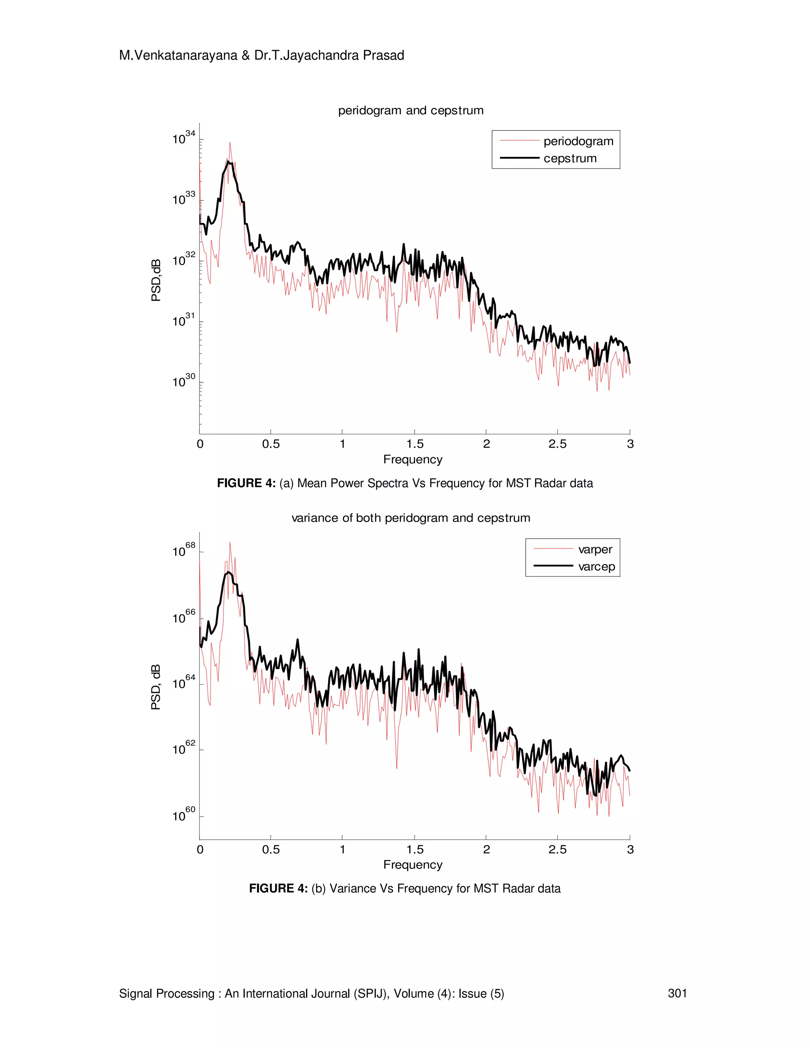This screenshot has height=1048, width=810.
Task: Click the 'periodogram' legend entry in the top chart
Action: pyautogui.click(x=578, y=141)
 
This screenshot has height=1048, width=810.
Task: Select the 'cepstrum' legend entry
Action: pyautogui.click(x=570, y=158)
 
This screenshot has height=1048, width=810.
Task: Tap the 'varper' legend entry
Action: pyautogui.click(x=595, y=549)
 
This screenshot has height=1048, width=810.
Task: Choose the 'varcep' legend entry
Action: pyautogui.click(x=596, y=567)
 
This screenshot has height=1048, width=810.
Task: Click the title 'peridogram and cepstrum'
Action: pyautogui.click(x=411, y=110)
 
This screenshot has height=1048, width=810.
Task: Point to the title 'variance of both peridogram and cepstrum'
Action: pyautogui.click(x=411, y=518)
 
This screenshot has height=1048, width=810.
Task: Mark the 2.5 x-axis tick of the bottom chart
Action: pyautogui.click(x=557, y=850)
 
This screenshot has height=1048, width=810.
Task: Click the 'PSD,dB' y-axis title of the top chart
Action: pyautogui.click(x=156, y=280)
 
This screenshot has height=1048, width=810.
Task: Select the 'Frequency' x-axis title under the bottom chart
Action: pyautogui.click(x=413, y=865)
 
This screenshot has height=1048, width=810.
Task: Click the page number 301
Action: pyautogui.click(x=677, y=993)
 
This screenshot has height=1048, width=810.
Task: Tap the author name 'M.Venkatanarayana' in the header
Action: pyautogui.click(x=178, y=56)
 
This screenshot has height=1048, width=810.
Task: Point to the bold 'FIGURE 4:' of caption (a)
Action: pyautogui.click(x=246, y=483)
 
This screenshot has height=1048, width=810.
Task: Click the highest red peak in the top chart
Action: pyautogui.click(x=230, y=143)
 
